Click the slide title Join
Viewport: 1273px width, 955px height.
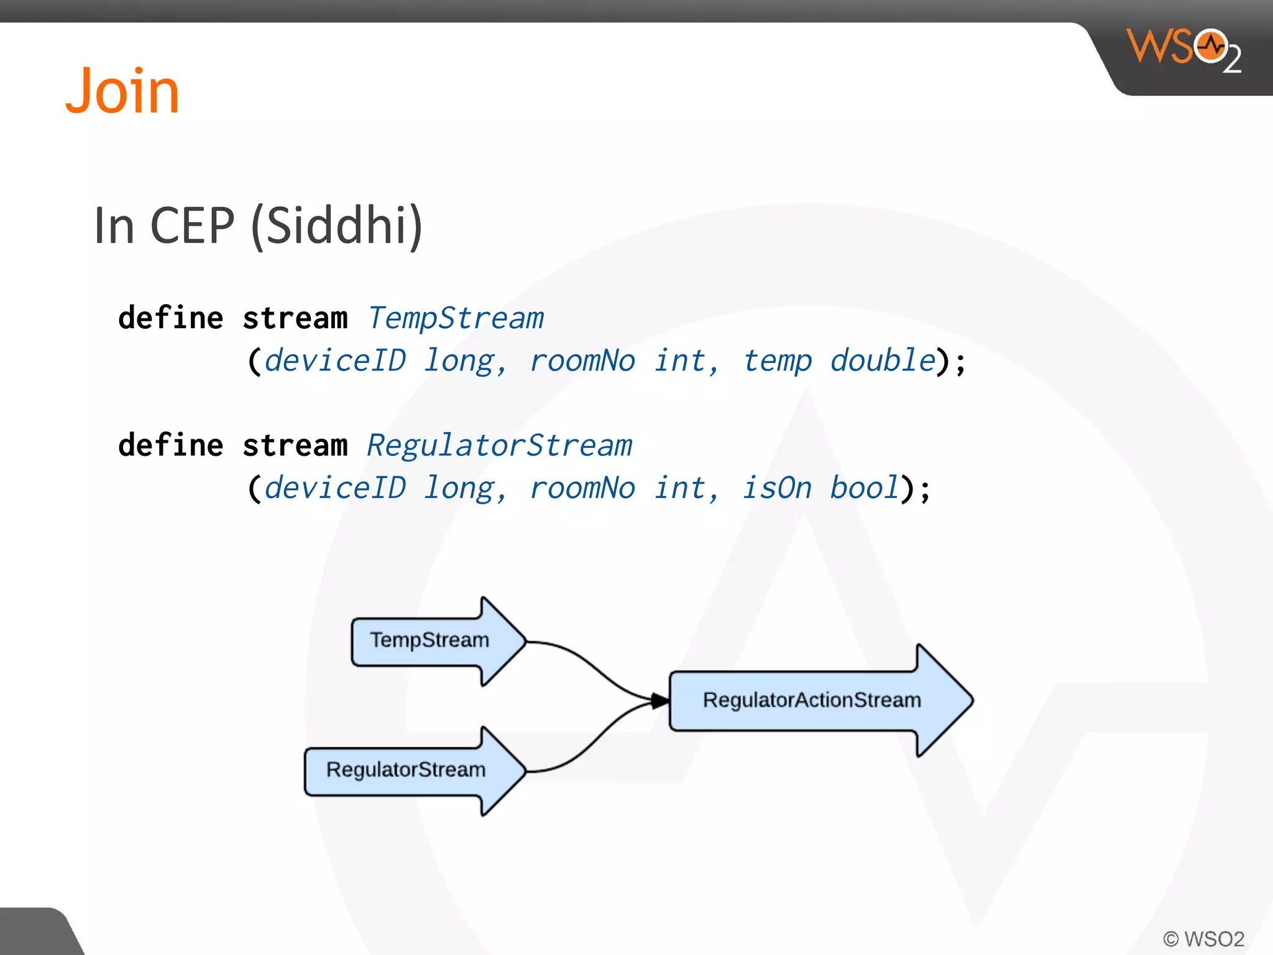pos(122,91)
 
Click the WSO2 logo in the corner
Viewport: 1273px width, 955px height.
pos(1183,50)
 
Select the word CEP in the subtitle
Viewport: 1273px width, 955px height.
pos(192,226)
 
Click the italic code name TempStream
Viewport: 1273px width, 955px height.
pos(456,318)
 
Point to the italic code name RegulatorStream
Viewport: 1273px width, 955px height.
pos(499,446)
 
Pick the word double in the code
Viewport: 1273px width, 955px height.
pos(883,361)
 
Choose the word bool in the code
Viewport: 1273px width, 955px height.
pos(865,488)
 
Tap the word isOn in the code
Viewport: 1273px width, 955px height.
pos(777,488)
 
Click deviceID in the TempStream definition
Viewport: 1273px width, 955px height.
pos(335,361)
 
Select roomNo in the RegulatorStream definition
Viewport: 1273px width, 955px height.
pos(582,488)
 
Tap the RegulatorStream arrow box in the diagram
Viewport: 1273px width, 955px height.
pos(406,770)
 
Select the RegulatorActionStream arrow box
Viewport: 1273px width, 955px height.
pos(812,700)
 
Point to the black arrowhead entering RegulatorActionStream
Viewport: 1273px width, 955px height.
pos(660,701)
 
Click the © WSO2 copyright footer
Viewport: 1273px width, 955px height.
pos(1203,939)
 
